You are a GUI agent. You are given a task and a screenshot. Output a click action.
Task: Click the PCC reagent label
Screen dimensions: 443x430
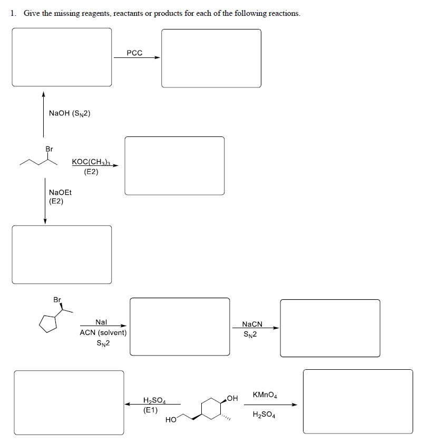tap(134, 53)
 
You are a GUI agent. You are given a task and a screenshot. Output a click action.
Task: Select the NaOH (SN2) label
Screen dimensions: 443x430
tap(70, 113)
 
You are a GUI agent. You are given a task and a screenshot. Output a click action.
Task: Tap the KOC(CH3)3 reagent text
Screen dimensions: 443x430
tap(91, 162)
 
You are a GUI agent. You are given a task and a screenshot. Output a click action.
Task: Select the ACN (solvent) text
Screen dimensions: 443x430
tap(103, 332)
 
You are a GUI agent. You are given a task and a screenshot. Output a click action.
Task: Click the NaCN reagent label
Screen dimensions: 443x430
tap(251, 324)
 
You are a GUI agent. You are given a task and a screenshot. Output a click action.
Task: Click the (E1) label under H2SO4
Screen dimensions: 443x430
tap(150, 409)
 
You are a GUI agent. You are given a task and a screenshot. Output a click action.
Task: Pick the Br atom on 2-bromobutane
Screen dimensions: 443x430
tap(49, 149)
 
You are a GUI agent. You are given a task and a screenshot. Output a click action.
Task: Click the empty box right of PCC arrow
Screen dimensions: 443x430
tap(211, 58)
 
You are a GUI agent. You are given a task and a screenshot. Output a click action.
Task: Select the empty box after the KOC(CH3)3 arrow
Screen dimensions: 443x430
tap(174, 165)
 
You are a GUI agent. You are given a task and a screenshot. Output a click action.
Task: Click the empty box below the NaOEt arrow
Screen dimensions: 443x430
tap(62, 254)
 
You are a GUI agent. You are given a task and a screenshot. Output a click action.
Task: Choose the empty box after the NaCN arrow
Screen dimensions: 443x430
tap(330, 328)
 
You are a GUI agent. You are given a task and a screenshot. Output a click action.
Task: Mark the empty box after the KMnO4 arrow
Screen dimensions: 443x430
tap(358, 401)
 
